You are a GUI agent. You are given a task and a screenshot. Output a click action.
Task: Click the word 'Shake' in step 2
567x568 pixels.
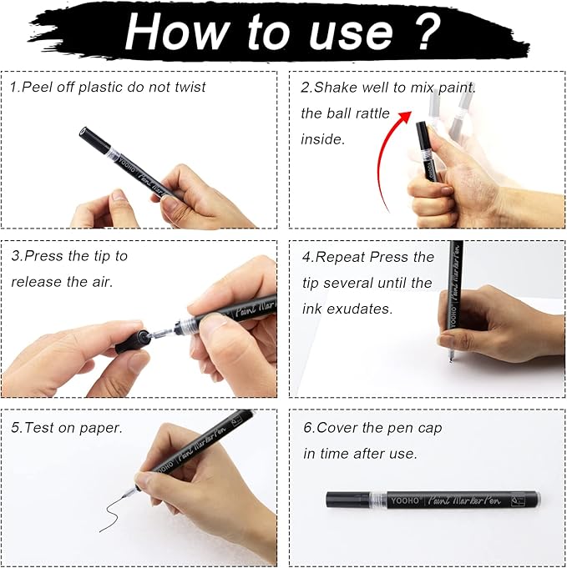337,87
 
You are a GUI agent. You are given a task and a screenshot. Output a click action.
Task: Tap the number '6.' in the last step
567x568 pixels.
308,427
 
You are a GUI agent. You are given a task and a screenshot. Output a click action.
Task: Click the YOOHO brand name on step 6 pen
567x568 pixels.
404,500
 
